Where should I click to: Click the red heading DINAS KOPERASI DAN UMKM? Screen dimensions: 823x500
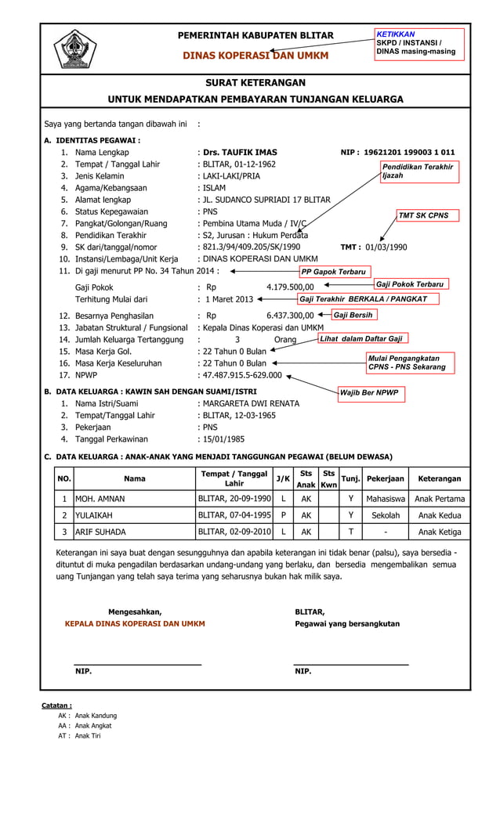255,56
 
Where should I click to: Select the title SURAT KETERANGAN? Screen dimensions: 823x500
255,82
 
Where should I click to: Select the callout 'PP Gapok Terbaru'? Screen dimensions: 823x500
334,272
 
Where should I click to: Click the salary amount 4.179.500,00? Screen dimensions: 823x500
290,287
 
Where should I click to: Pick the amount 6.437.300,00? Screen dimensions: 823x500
290,315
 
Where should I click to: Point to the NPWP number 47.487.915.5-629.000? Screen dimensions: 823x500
242,375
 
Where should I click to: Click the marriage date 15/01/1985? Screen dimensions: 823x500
226,439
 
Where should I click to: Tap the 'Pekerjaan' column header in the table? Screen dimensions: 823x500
386,478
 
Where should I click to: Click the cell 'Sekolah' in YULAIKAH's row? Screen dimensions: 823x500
386,515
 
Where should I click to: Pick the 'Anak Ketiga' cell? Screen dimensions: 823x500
440,532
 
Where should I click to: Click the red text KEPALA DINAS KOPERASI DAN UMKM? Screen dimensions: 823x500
135,624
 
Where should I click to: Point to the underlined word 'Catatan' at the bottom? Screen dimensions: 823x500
56,706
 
